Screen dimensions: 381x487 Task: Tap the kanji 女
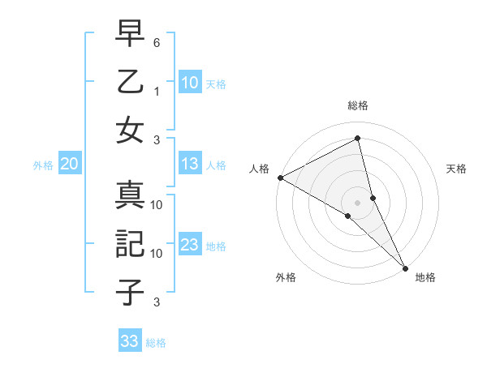pos(130,130)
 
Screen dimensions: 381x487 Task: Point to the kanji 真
pos(130,197)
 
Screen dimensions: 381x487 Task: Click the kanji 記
pos(130,243)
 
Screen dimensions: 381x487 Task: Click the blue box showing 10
pos(190,82)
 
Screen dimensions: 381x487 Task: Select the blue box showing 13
pos(190,165)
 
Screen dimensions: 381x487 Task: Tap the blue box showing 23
pos(190,246)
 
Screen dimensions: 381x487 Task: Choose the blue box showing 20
pos(69,165)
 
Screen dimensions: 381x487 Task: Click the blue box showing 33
pos(130,341)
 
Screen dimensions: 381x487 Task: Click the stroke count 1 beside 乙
pos(157,90)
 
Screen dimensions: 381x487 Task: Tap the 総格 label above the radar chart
pos(358,105)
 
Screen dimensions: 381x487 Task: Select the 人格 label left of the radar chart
pos(259,169)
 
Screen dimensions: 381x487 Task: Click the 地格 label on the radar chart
pos(425,277)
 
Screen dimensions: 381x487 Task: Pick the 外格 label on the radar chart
pos(286,277)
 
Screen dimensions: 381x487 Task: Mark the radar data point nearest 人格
pos(280,178)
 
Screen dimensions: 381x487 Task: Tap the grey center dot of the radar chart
pos(358,202)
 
